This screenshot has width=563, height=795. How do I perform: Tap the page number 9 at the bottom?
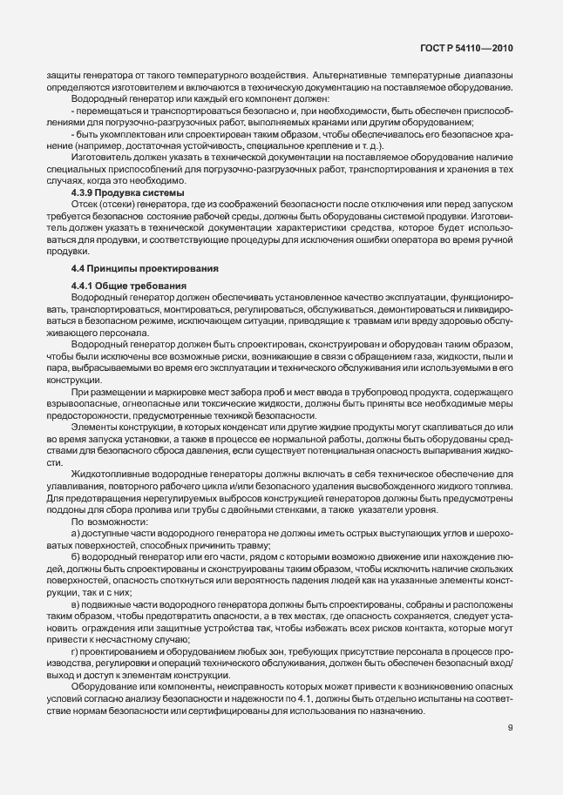point(511,727)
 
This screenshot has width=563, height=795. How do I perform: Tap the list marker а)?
point(76,530)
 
